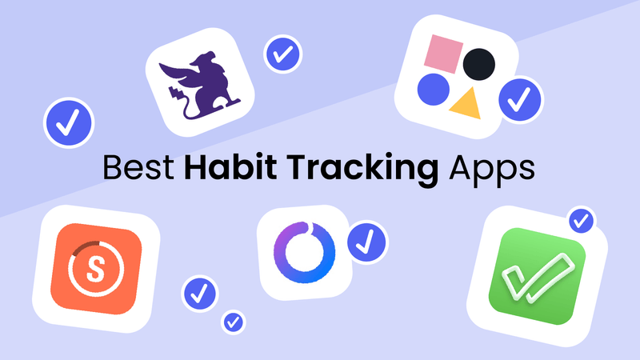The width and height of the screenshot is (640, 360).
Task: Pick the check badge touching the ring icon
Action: (367, 238)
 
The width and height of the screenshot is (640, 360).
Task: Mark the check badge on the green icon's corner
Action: (580, 218)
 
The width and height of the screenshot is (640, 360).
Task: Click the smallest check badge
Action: (234, 322)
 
